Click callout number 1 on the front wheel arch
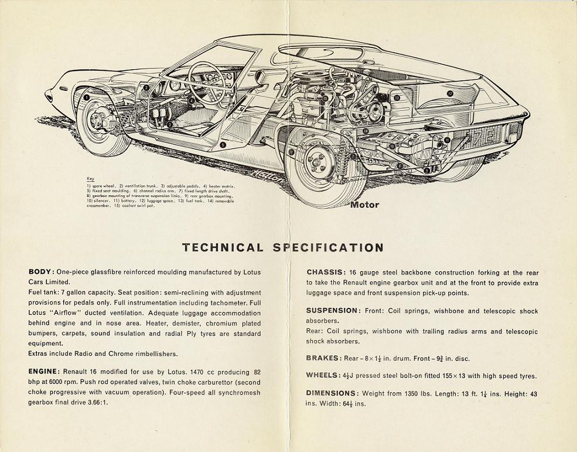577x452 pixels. pos(86,97)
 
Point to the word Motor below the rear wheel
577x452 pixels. pos(364,205)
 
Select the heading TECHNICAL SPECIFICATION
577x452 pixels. pos(283,247)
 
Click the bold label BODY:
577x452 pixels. pos(42,272)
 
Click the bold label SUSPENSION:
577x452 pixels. pos(332,311)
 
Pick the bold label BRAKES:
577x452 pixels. pos(323,358)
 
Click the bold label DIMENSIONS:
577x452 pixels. pos(332,393)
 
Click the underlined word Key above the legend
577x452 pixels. pos(90,178)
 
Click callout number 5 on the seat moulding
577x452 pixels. pos(223,144)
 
